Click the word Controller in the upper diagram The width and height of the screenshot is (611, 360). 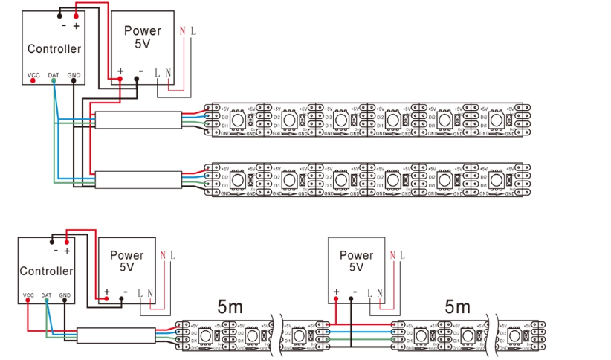pos(54,49)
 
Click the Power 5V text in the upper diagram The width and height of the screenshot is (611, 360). pos(143,37)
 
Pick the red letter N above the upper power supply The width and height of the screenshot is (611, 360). pos(182,31)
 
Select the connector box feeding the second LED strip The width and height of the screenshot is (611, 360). pos(138,180)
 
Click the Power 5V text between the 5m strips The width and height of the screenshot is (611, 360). pos(356,260)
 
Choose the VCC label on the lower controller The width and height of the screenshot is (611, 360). pos(28,295)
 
